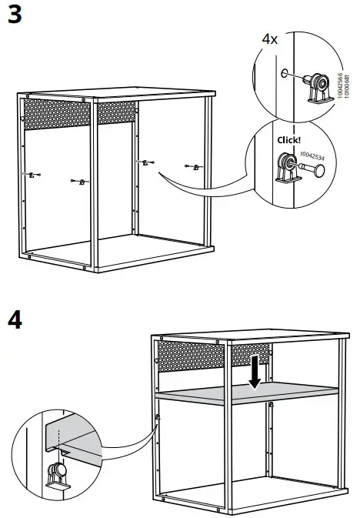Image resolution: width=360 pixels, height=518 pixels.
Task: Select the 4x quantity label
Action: [269, 38]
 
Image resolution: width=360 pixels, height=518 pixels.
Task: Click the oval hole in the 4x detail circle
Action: [285, 75]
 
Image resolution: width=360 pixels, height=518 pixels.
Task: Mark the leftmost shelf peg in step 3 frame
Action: [31, 175]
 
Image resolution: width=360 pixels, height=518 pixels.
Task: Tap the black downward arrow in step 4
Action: [255, 375]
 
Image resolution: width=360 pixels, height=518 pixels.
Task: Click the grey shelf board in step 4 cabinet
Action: [246, 394]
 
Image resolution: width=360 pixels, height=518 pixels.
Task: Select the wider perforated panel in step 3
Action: [57, 114]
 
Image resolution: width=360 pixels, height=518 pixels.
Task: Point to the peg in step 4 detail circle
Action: [56, 473]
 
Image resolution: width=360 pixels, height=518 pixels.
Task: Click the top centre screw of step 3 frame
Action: [83, 99]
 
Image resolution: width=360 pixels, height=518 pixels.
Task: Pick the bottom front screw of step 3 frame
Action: [83, 268]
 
